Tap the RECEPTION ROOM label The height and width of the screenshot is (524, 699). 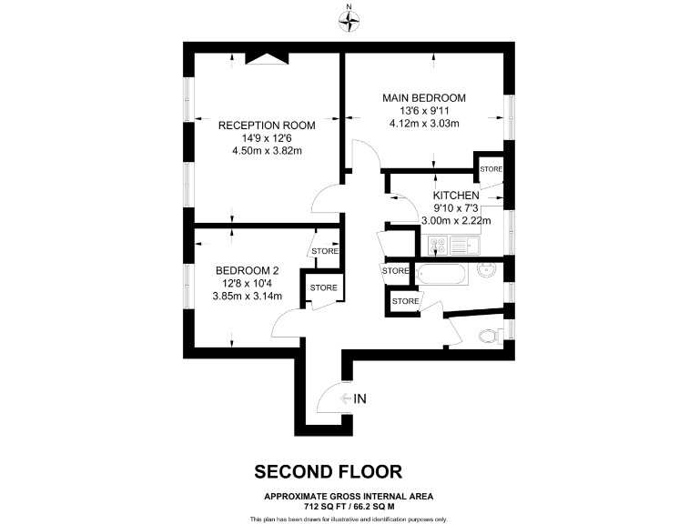coord(267,126)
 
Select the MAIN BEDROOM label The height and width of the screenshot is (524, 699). coord(424,98)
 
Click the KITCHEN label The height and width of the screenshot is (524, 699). coord(456,196)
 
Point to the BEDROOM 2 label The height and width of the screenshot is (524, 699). coord(247,270)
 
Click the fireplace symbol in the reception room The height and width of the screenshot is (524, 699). coord(268,58)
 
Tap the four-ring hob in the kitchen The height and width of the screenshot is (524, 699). coord(437,246)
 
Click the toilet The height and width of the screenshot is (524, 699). coord(490,336)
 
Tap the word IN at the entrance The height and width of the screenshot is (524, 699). coord(360,398)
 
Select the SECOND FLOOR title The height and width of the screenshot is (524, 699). coord(328,471)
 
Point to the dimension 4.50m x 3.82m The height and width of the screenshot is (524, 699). coord(267,151)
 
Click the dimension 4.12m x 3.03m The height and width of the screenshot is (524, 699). coord(424,124)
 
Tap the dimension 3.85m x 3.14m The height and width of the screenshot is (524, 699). coord(247,296)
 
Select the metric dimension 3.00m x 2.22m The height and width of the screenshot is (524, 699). coord(456,220)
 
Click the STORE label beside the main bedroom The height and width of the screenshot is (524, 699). coord(491,169)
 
